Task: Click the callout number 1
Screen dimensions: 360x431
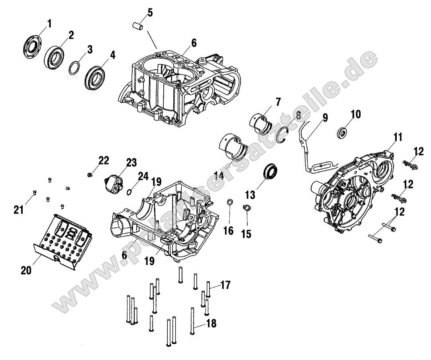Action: click(49, 23)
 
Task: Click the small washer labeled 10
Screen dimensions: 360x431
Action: click(342, 132)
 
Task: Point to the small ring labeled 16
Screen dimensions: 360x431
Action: click(230, 203)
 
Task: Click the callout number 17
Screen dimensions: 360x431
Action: click(225, 285)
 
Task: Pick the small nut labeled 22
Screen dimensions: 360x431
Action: click(91, 174)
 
